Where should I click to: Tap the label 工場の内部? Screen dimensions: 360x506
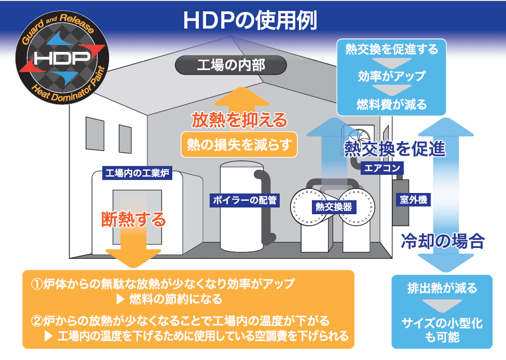(231, 66)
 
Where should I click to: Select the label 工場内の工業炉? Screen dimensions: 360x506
(137, 173)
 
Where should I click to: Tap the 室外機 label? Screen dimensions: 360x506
(414, 199)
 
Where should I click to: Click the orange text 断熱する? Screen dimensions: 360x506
(134, 219)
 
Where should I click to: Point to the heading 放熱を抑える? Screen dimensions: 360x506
(239, 120)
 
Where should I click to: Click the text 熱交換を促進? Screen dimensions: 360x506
(395, 149)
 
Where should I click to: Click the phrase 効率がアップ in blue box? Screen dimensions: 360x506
(391, 76)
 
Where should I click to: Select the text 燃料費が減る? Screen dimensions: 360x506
(391, 104)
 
